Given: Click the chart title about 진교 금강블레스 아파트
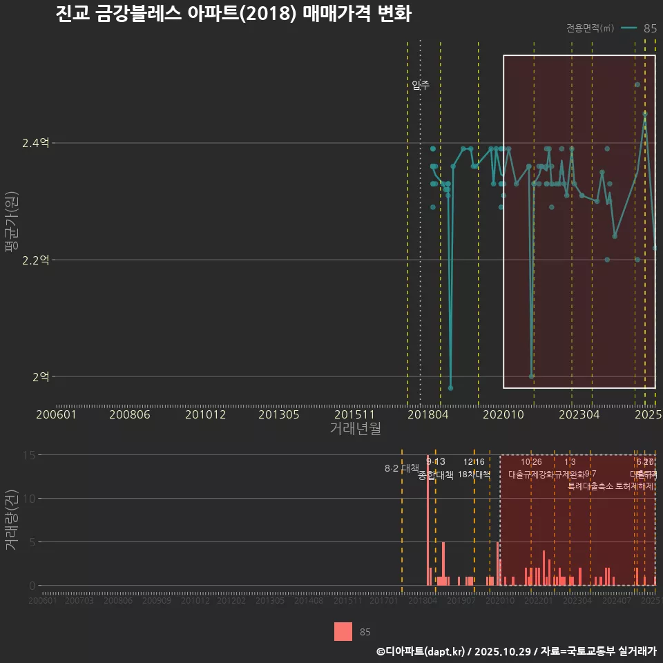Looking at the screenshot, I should pyautogui.click(x=233, y=14).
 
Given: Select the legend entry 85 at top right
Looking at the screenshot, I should pyautogui.click(x=649, y=28).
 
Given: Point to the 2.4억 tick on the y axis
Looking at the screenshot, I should pyautogui.click(x=35, y=144).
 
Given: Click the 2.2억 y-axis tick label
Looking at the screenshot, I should pyautogui.click(x=35, y=260).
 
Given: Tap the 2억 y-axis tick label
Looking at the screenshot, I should pyautogui.click(x=40, y=377).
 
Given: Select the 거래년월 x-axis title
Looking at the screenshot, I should pyautogui.click(x=355, y=428).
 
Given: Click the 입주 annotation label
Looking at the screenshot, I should pyautogui.click(x=421, y=85).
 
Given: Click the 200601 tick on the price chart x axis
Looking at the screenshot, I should pyautogui.click(x=56, y=414).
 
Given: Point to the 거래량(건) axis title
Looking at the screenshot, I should pyautogui.click(x=10, y=519).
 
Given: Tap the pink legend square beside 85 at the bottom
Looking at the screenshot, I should pyautogui.click(x=343, y=631).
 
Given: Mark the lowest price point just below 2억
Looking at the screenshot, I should pyautogui.click(x=450, y=388).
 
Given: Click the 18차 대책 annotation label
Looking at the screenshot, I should pyautogui.click(x=474, y=474).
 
